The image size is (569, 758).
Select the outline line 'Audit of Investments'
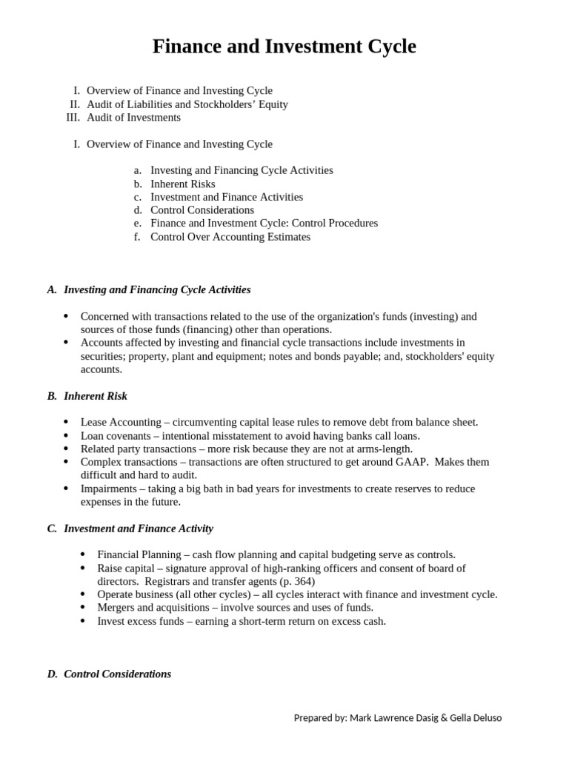[x=133, y=118]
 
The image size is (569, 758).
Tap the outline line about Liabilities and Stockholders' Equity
[x=187, y=104]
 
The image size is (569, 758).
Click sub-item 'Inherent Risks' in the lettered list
[x=183, y=184]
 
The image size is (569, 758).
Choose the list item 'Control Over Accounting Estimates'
[x=230, y=238]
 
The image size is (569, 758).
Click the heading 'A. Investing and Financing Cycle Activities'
[x=157, y=290]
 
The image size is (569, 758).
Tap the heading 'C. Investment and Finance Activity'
[x=139, y=529]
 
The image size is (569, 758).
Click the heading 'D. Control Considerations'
[x=117, y=674]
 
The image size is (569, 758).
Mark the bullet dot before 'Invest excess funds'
[x=82, y=621]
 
